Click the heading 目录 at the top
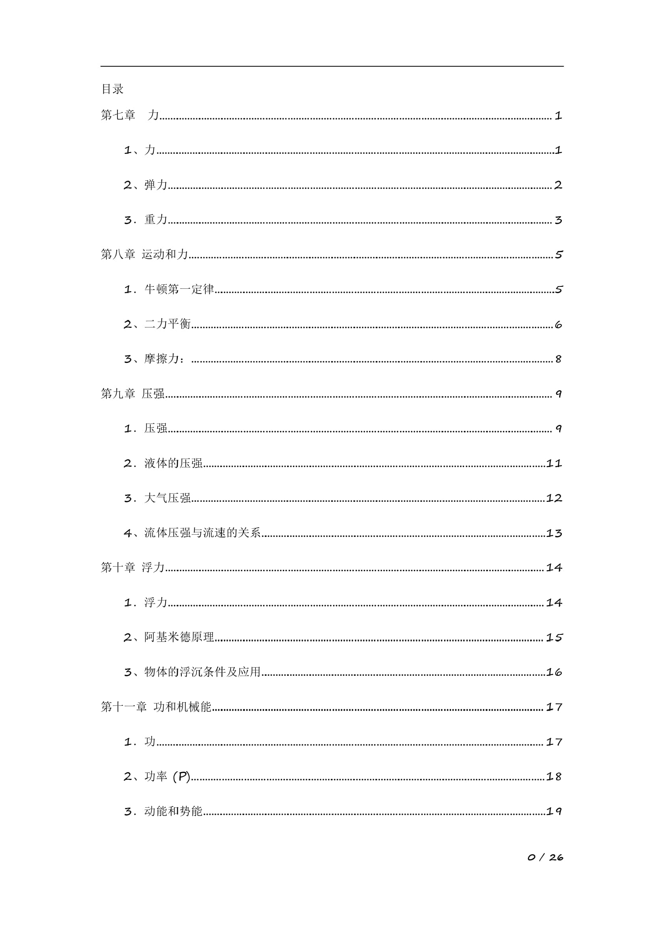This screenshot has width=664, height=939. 112,89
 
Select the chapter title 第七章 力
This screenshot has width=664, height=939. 130,115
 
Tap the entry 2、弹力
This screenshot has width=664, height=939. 145,185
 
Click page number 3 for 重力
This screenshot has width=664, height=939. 558,220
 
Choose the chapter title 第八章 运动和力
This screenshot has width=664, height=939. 144,254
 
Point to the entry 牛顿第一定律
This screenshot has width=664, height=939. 179,289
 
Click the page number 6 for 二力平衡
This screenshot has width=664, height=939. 558,325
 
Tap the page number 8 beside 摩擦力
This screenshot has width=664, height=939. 558,359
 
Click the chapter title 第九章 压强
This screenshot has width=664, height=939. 132,394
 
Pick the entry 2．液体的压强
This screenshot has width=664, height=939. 163,463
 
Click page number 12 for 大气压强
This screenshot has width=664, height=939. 554,498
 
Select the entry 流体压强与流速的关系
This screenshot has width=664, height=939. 202,533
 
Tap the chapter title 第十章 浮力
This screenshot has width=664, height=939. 132,567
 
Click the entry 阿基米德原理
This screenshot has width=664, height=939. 179,637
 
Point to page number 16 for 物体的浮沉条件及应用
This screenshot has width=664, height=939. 554,672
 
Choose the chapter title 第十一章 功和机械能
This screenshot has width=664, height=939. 156,707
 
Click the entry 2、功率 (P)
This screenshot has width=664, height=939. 157,776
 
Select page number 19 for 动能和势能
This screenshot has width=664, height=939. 554,811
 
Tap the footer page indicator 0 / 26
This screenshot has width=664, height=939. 545,857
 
